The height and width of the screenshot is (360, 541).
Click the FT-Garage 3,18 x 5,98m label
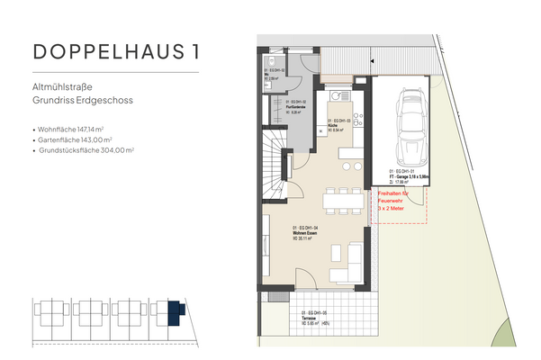point(404,174)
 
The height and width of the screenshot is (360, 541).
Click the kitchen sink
point(339,95)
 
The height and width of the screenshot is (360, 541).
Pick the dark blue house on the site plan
point(175,313)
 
